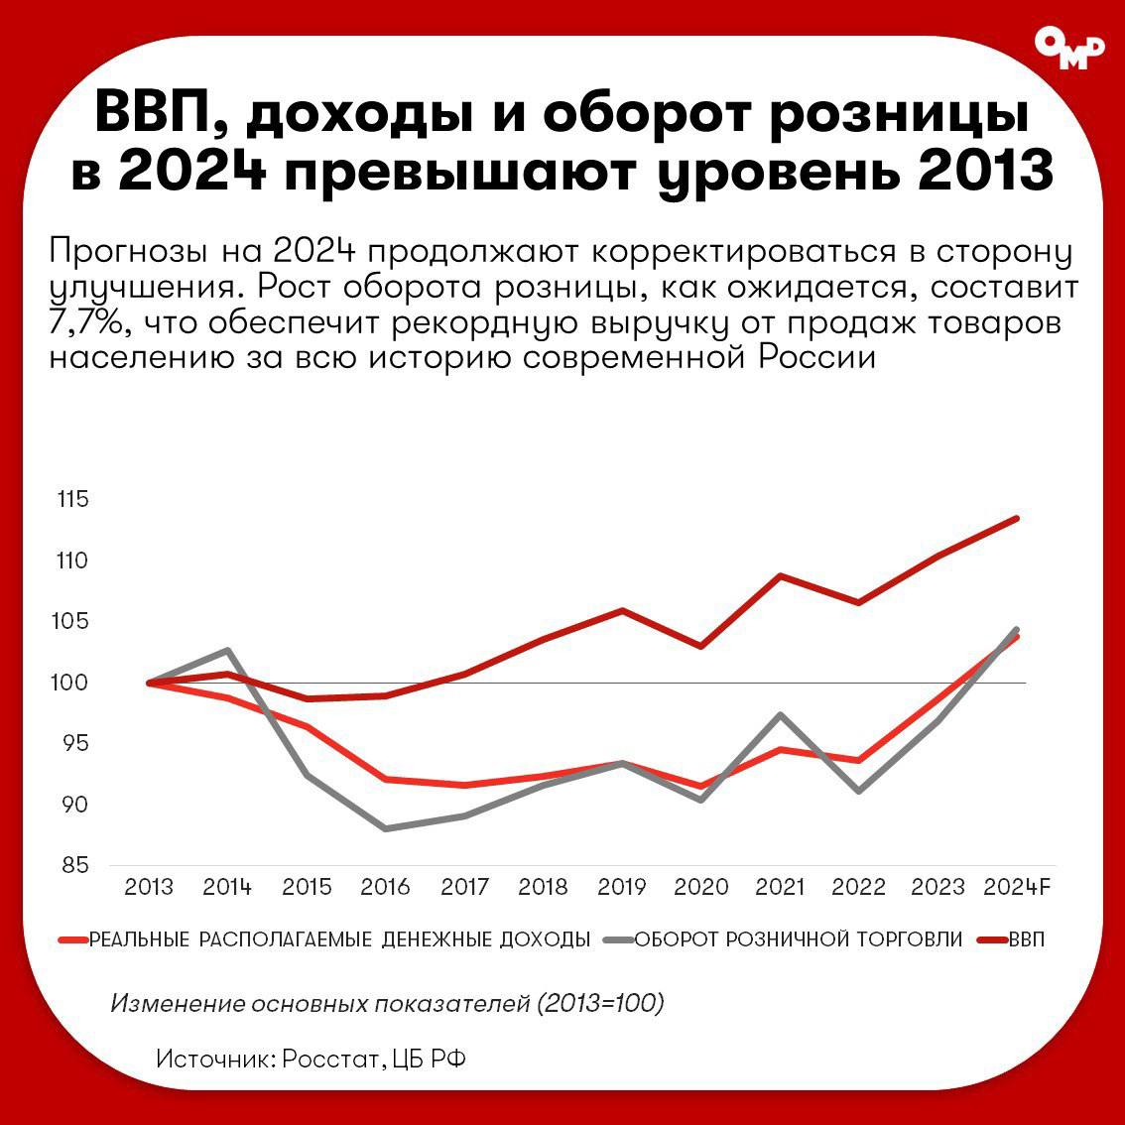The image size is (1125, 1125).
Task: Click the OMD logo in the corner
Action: coord(1068,47)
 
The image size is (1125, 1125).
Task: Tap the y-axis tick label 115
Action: coord(71,499)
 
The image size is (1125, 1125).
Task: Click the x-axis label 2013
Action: coord(149,887)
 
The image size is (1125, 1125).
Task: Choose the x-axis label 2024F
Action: coord(1017,887)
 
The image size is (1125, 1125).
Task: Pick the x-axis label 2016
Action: coord(385,887)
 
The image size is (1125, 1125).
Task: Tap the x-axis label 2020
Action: coord(701,887)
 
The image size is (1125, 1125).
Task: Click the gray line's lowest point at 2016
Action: coord(385,828)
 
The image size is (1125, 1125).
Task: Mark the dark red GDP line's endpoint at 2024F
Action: coord(1017,518)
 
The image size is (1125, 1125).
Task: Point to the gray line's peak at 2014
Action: coord(228,651)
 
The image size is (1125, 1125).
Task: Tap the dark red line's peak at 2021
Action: coord(781,575)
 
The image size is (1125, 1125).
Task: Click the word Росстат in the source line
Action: coord(329,1059)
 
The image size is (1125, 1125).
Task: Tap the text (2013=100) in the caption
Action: coord(601,1003)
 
